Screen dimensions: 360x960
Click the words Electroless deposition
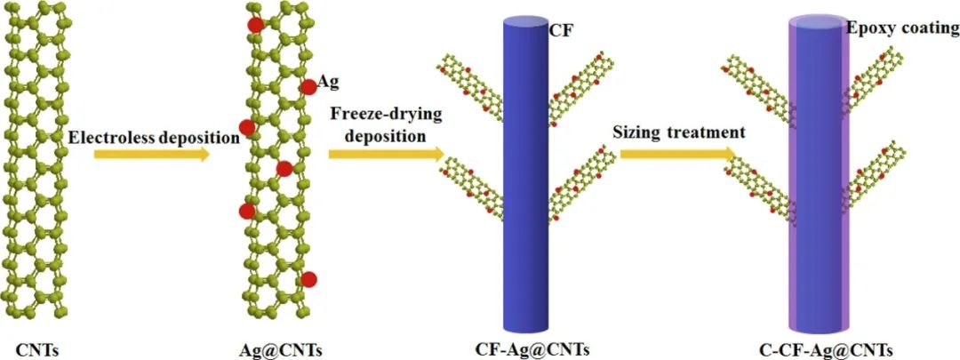[x=154, y=137]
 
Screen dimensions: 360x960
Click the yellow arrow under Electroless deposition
[x=151, y=155]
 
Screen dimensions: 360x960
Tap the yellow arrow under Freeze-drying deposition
[x=386, y=155]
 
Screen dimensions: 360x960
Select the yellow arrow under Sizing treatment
[x=677, y=155]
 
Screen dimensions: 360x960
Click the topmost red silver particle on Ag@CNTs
[x=255, y=24]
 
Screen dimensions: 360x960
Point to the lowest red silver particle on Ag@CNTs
[x=308, y=280]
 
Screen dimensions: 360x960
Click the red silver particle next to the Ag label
[x=308, y=86]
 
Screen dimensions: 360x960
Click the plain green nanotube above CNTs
[x=37, y=160]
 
